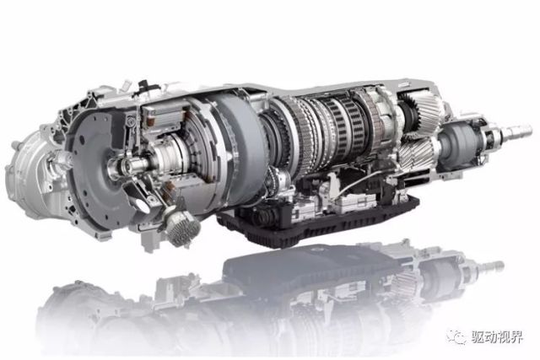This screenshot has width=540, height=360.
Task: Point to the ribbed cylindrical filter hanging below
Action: click(182, 227)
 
